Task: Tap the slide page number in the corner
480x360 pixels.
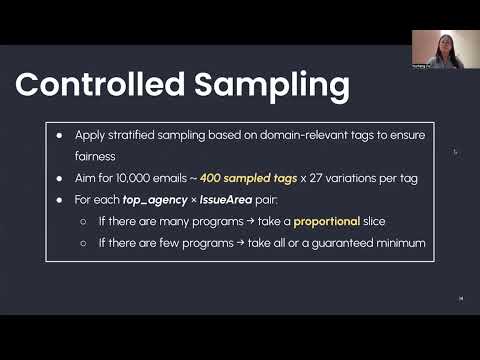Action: [460, 297]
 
